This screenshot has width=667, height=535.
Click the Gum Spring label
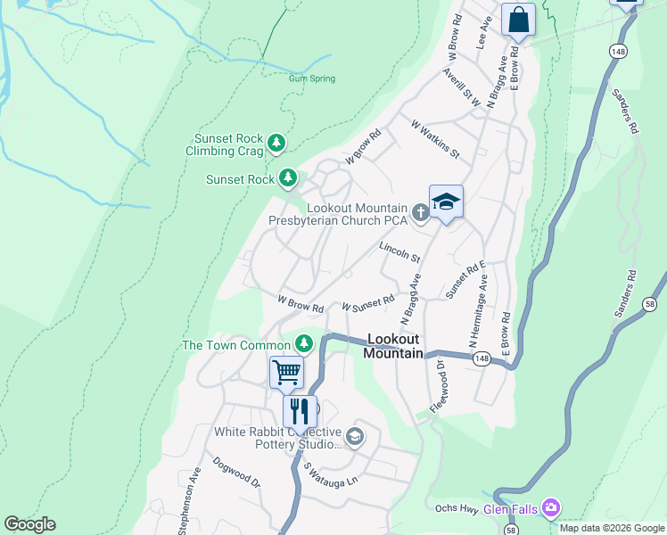coord(312,78)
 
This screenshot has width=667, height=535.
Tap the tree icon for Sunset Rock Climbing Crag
coord(277,143)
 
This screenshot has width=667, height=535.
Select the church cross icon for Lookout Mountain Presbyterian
coord(421,212)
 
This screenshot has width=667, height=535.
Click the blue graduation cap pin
coord(446,202)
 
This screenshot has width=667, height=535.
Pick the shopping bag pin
coord(518,19)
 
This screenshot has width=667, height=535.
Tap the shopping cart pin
coord(286,371)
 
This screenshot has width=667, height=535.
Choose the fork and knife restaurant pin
coord(300,411)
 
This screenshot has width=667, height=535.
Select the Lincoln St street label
coord(399,251)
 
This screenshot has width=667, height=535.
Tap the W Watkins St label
coord(434,141)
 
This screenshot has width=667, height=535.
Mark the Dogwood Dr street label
coord(236,473)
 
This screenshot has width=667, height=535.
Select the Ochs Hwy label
coord(457,509)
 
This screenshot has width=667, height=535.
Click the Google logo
coord(29,523)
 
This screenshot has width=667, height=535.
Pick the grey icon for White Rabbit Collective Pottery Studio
coord(355,436)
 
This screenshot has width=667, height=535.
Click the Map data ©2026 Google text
coord(611,528)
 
